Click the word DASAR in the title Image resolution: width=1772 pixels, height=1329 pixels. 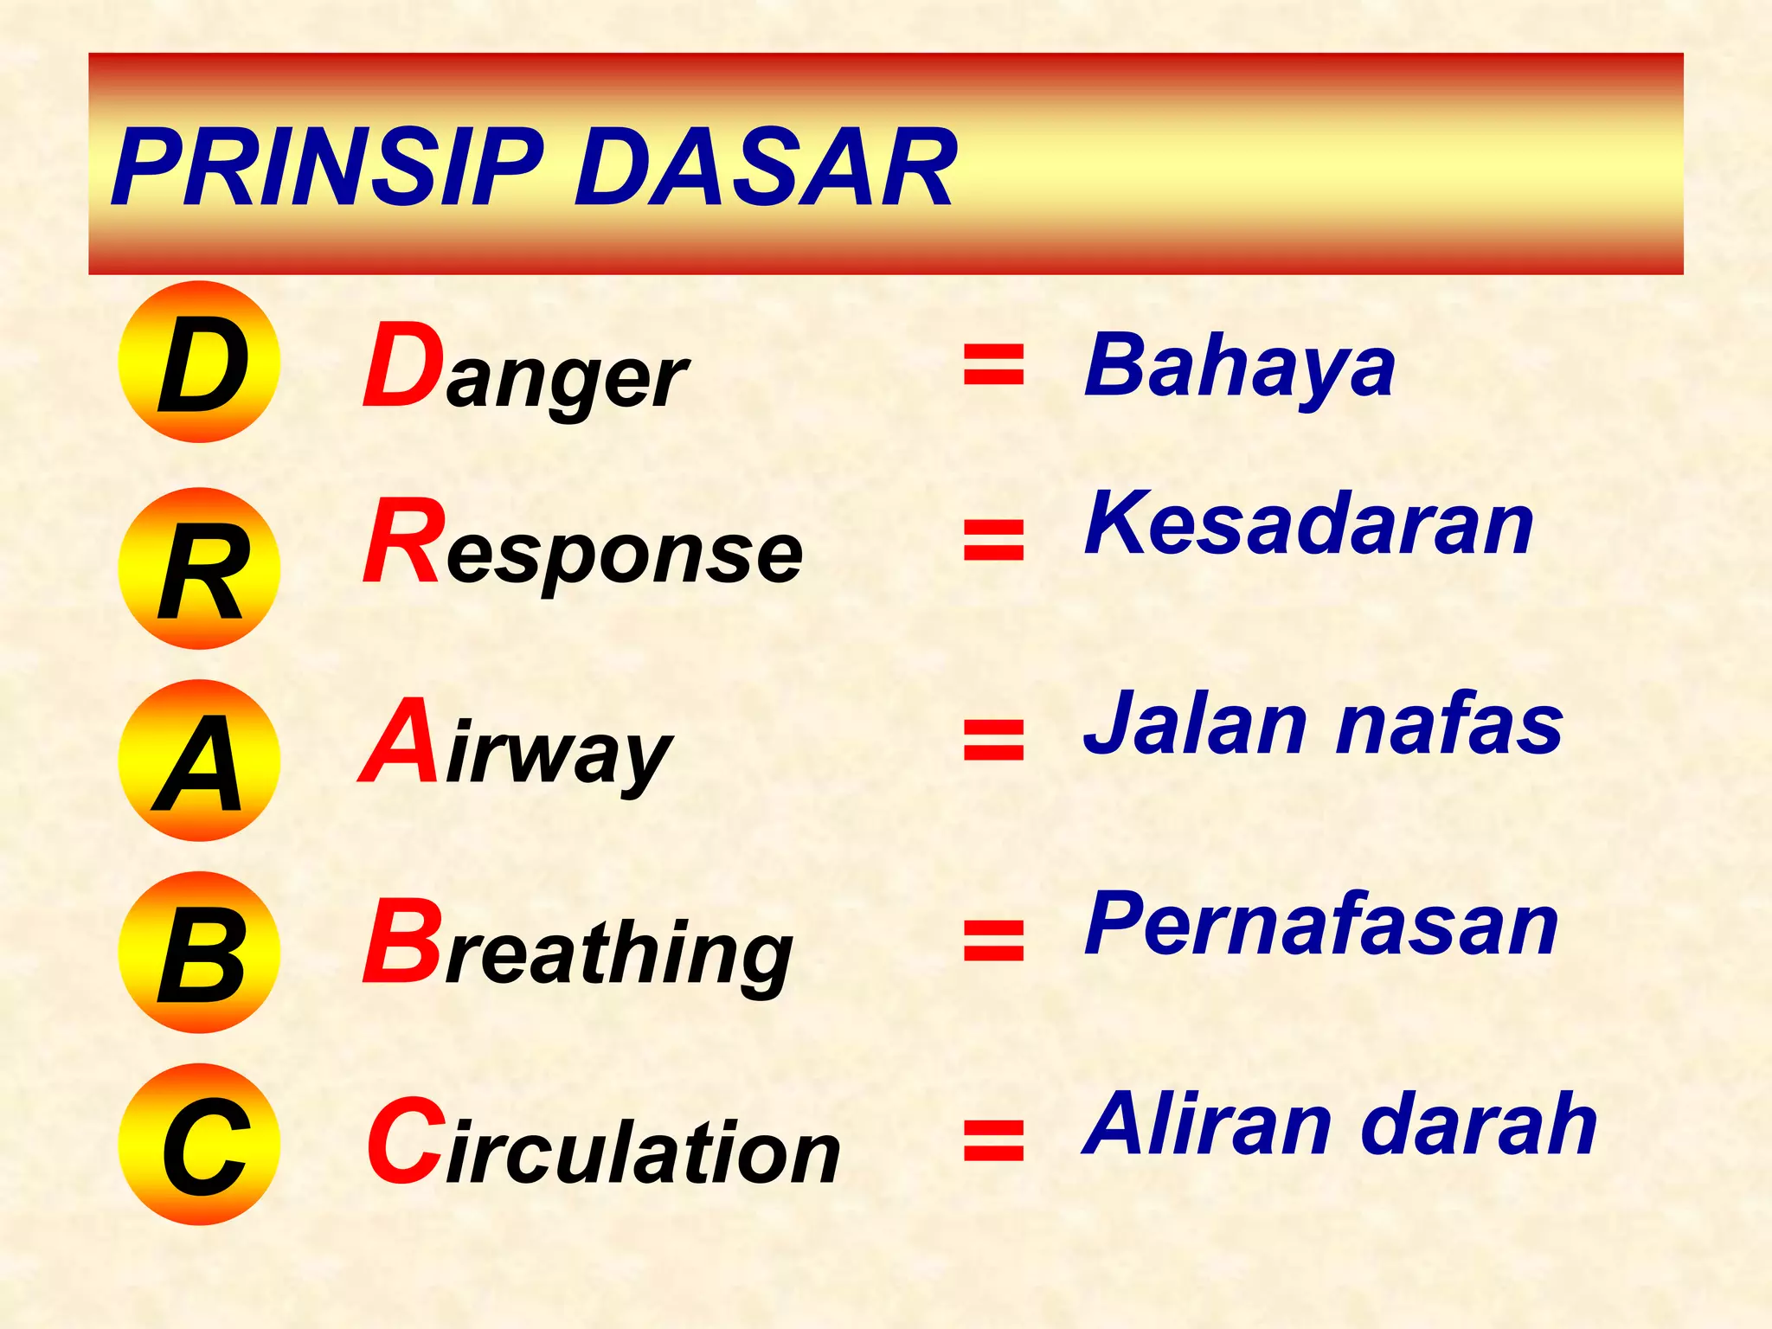pyautogui.click(x=765, y=167)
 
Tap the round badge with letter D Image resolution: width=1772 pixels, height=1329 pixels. pyautogui.click(x=200, y=362)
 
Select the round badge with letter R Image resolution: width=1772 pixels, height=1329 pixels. pyautogui.click(x=200, y=568)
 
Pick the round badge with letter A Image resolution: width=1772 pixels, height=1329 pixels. pyautogui.click(x=200, y=761)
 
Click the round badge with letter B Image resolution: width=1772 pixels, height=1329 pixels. pyautogui.click(x=200, y=952)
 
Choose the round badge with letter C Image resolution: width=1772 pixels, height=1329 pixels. pyautogui.click(x=200, y=1144)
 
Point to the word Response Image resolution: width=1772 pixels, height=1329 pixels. pyautogui.click(x=582, y=545)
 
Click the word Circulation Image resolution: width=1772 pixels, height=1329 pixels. pyautogui.click(x=603, y=1144)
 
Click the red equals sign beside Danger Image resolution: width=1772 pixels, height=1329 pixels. pyautogui.click(x=994, y=364)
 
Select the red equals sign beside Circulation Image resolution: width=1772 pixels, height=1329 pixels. pyautogui.click(x=994, y=1140)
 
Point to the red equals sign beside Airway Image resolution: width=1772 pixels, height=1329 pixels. pyautogui.click(x=994, y=740)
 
